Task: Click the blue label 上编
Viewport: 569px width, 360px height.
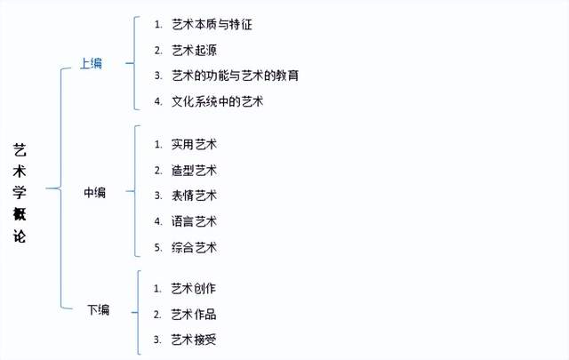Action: click(x=91, y=63)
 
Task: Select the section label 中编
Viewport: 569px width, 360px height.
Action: click(x=95, y=192)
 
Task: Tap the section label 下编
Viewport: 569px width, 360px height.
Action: click(x=99, y=310)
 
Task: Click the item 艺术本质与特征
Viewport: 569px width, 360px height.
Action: click(x=212, y=25)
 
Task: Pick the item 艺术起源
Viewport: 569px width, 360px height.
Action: click(x=194, y=50)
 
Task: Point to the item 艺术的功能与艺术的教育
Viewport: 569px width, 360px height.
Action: click(x=235, y=76)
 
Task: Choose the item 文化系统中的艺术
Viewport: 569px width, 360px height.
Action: click(x=217, y=101)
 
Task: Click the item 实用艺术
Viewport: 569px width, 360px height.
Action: click(x=194, y=144)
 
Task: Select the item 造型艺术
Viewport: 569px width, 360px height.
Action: click(x=194, y=170)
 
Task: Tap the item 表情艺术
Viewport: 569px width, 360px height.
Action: click(x=194, y=196)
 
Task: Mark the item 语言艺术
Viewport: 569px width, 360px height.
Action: click(x=194, y=221)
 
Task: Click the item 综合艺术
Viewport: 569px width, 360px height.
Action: click(x=194, y=247)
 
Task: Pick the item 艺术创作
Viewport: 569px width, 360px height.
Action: click(x=194, y=289)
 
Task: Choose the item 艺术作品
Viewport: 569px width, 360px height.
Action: click(x=194, y=315)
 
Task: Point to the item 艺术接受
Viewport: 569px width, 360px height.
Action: click(x=194, y=340)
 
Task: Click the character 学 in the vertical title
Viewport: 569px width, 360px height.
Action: click(x=20, y=192)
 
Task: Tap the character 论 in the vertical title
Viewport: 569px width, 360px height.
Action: click(x=20, y=236)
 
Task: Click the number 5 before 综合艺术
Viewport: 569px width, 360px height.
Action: click(x=157, y=247)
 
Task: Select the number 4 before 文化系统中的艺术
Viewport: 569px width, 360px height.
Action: click(x=157, y=101)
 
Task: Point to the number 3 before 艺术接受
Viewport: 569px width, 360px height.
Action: click(x=157, y=340)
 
